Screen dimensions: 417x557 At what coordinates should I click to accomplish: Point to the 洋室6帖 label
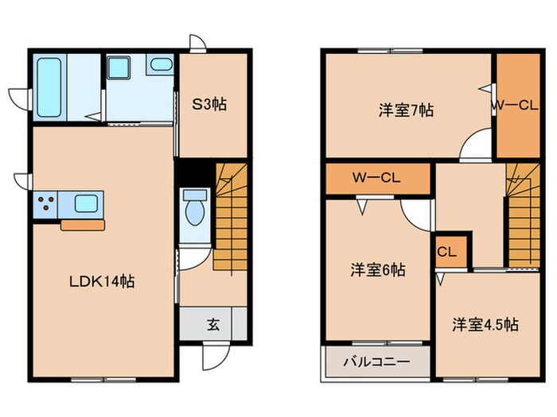378,270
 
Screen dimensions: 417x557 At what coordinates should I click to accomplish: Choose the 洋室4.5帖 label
485,324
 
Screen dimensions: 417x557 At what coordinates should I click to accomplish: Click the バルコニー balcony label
376,361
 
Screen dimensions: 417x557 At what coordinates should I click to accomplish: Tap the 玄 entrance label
214,324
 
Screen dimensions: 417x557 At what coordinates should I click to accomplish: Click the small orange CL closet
446,252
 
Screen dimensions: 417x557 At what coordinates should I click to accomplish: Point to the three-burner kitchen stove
45,204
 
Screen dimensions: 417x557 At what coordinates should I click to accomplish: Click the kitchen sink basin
85,203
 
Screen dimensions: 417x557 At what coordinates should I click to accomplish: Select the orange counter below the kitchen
83,226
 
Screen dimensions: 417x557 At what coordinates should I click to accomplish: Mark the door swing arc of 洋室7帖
476,144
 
